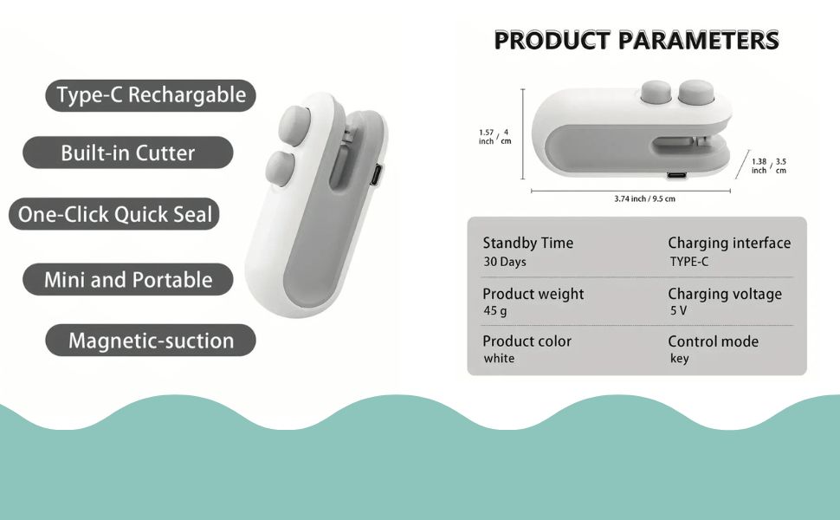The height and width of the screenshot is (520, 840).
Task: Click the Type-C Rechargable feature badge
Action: point(151,95)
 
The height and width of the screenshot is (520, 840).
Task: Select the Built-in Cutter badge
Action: point(128,153)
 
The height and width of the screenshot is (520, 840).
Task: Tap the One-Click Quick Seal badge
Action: point(114,214)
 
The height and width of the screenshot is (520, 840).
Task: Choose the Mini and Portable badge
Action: point(128,279)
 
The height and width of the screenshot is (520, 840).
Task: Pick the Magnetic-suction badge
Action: point(151,341)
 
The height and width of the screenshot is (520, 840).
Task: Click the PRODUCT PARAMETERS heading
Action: point(636,40)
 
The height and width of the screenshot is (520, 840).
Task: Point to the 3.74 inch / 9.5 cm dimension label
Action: point(644,198)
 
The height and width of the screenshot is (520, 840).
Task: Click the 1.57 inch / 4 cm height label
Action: point(495,137)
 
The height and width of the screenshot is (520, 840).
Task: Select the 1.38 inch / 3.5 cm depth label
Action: point(769,166)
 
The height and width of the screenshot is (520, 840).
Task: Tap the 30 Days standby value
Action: point(505,262)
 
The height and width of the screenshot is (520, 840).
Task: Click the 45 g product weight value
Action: point(495,310)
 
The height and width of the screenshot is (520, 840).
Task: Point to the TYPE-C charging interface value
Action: point(689,262)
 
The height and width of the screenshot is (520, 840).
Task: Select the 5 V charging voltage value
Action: point(678,310)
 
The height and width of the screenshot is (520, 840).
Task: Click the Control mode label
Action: point(713,341)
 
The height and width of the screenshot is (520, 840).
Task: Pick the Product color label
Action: point(527,341)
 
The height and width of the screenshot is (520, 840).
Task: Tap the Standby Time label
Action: point(527,244)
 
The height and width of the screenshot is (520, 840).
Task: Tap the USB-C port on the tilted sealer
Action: point(377,175)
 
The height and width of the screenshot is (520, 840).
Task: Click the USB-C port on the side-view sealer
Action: point(677,175)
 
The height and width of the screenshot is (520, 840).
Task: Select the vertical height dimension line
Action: point(523,134)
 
